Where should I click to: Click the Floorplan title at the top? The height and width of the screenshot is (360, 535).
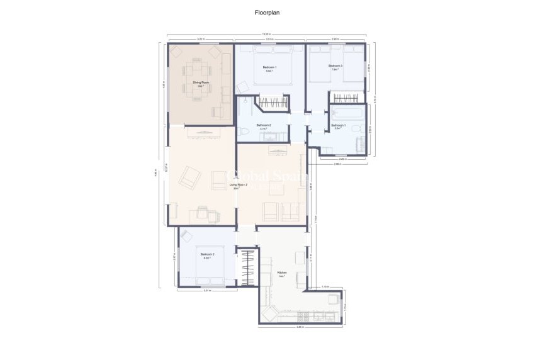pos(267,12)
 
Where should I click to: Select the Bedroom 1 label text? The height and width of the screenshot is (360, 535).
pos(269,67)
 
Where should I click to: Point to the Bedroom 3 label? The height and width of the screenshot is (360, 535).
pos(335,66)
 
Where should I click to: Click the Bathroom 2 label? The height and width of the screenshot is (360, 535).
pos(264,125)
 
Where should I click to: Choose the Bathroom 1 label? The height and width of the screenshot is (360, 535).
pos(339,125)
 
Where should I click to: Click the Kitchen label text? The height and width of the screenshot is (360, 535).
pos(282,273)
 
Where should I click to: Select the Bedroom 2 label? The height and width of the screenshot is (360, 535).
pos(208,254)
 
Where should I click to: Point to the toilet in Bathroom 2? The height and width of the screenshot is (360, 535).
pos(244,132)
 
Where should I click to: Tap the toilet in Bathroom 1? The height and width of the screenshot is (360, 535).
pos(356,129)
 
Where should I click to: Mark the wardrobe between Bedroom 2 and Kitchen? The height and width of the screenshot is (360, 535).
pos(249,267)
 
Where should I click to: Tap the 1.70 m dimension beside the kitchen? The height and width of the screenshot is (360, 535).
pos(325,287)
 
